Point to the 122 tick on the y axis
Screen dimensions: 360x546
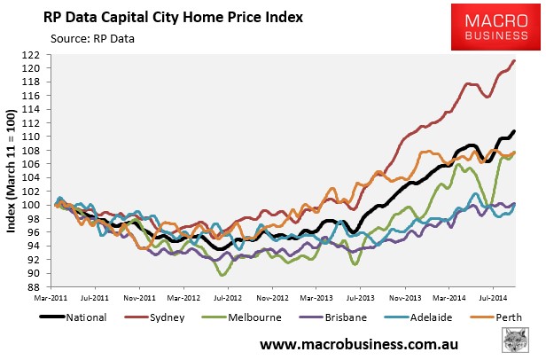(x=38, y=55)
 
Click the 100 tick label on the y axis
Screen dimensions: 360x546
(x=38, y=205)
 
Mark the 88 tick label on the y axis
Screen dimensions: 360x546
(x=41, y=286)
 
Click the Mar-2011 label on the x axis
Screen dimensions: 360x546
(x=54, y=299)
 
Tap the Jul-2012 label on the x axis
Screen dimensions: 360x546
(x=229, y=299)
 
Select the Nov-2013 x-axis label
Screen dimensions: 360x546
(x=405, y=299)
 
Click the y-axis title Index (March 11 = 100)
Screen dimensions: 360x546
(x=12, y=171)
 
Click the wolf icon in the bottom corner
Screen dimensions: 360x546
(x=523, y=340)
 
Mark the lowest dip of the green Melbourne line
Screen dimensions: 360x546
(x=223, y=276)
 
